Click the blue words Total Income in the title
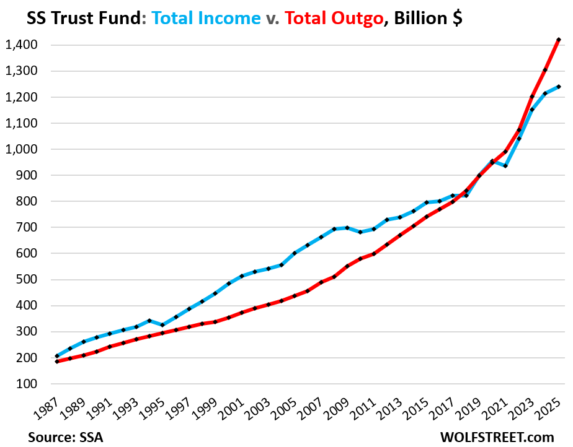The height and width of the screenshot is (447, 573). [207, 19]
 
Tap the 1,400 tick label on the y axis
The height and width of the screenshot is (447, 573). [21, 45]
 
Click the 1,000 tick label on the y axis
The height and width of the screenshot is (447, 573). [21, 149]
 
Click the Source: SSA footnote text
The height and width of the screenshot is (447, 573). [64, 436]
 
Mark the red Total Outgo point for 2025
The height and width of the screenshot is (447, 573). [559, 40]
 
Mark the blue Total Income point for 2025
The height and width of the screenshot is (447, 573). [559, 87]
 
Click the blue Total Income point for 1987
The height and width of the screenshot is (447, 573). [57, 356]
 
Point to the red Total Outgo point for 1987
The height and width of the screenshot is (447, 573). [57, 361]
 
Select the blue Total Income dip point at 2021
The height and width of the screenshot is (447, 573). [506, 166]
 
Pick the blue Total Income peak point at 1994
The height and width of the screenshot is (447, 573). [149, 321]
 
